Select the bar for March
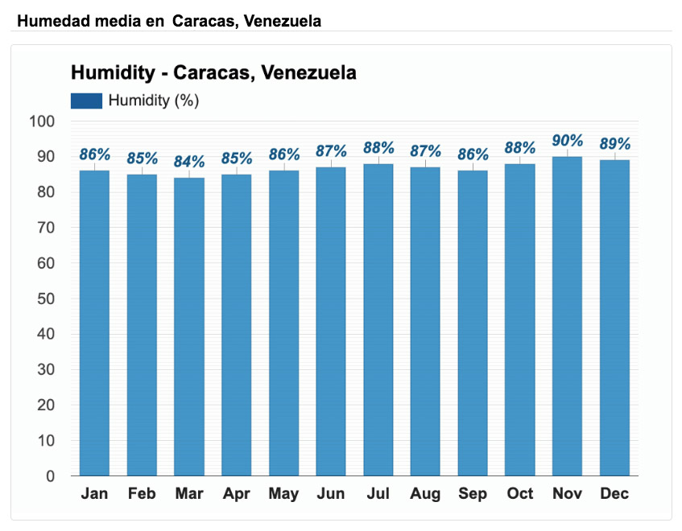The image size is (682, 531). point(189,326)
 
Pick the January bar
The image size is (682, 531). point(94,323)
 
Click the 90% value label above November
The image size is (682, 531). point(567,141)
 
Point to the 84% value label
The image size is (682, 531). point(189,162)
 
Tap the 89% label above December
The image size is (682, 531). point(614,144)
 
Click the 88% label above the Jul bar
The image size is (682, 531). point(378,148)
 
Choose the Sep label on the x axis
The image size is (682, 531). point(473,494)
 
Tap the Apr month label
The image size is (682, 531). point(236,494)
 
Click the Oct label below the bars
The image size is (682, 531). point(520,494)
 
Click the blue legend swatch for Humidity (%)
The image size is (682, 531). point(86,101)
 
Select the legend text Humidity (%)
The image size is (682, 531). point(153,101)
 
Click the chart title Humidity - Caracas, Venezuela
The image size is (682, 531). point(213,72)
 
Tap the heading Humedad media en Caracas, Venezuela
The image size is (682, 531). point(168,21)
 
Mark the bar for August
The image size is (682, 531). point(425,321)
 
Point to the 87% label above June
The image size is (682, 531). point(331,151)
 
